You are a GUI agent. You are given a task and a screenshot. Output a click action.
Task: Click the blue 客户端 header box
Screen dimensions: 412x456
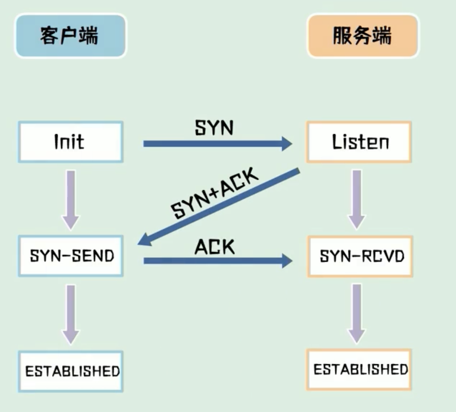click(x=70, y=36)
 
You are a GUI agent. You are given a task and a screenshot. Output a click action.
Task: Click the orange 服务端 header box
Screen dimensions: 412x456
click(x=362, y=36)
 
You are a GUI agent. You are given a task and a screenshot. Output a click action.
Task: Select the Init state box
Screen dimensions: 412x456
click(x=70, y=142)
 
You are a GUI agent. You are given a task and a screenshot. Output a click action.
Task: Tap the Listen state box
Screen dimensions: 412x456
click(x=359, y=142)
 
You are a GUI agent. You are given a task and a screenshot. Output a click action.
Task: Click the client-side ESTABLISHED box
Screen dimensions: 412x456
click(x=71, y=371)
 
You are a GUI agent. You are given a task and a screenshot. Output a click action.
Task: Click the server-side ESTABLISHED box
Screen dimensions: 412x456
click(x=360, y=369)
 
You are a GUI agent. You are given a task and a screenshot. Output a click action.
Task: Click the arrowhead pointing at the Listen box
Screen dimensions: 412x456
click(x=285, y=143)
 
